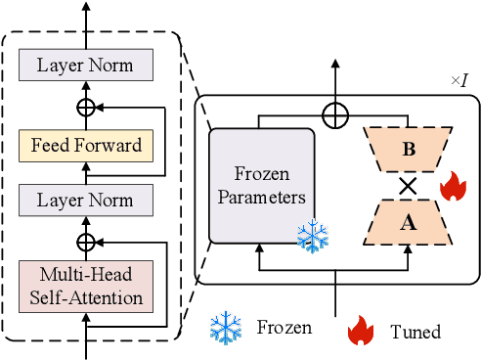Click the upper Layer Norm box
point(88,67)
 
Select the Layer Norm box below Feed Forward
point(88,202)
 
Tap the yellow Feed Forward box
point(88,147)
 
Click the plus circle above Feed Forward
point(88,104)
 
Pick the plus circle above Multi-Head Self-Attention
point(88,239)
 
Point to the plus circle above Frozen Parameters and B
point(335,115)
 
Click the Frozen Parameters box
point(260,186)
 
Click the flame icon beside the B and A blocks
point(453,187)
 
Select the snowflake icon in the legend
point(225,329)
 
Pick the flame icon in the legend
point(362,331)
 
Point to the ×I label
point(459,78)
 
